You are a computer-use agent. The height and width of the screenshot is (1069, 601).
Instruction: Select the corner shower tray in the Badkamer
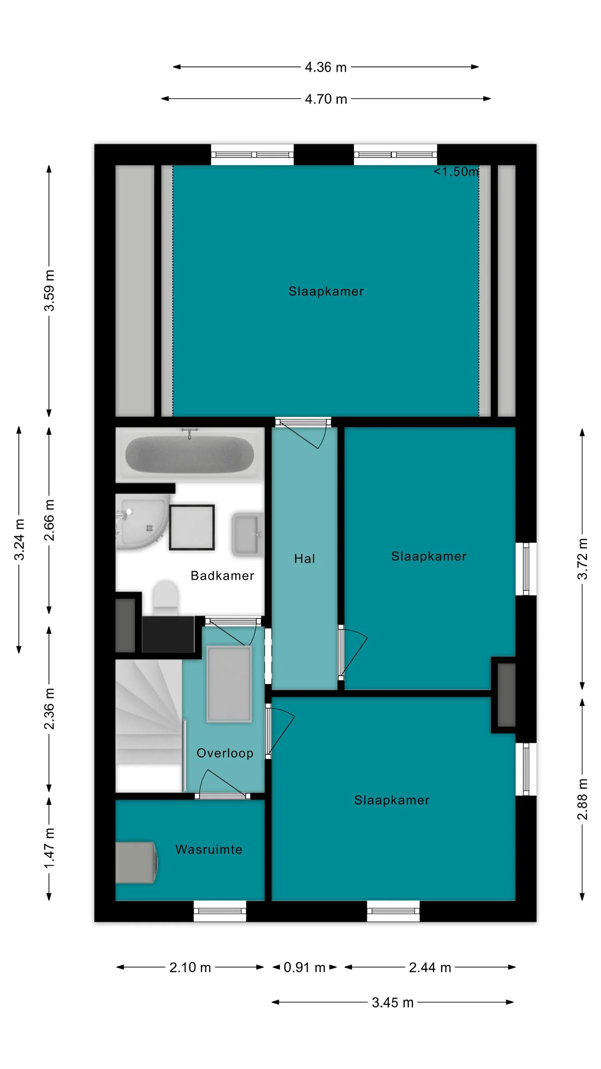(142, 522)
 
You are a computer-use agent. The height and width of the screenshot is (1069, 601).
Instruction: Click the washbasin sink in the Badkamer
(247, 534)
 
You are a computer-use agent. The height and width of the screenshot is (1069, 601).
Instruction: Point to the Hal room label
(304, 559)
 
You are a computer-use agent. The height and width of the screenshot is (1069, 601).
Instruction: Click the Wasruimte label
(209, 849)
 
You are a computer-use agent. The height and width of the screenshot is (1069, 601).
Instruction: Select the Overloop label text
(225, 753)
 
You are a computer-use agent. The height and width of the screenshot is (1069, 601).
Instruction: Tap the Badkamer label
(222, 575)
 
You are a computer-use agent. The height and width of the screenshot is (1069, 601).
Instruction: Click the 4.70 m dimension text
(326, 99)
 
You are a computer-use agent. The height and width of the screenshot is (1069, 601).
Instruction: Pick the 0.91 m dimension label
(304, 967)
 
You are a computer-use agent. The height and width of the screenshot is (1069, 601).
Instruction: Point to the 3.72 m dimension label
(582, 559)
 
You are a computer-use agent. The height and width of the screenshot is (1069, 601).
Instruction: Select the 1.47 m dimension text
(49, 848)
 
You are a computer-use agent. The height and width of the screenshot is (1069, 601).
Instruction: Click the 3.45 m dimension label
(392, 1002)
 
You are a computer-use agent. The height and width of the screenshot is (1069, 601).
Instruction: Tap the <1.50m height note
(456, 172)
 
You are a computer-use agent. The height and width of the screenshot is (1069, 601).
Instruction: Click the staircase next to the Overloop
(149, 726)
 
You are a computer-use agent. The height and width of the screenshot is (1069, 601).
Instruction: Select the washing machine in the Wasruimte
(136, 862)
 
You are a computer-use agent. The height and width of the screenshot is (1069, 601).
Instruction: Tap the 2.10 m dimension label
(190, 967)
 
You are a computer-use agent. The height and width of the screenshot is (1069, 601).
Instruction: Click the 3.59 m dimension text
(49, 291)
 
